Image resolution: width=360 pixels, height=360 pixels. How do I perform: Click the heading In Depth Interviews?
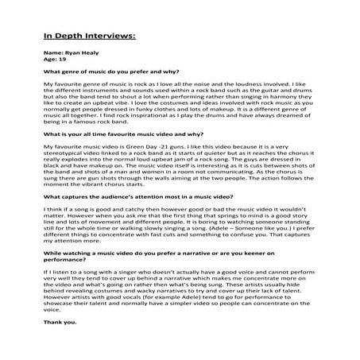coord(88,36)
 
